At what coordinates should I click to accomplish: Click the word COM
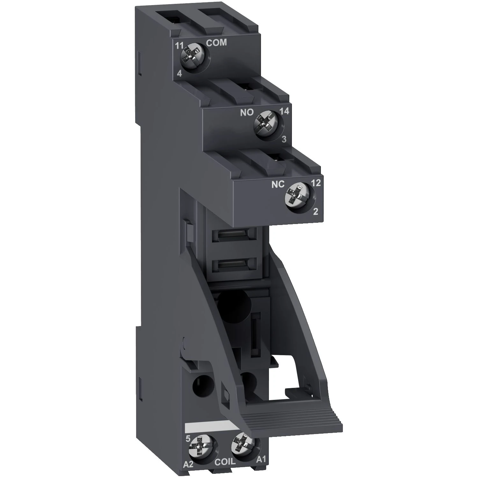[x=216, y=43]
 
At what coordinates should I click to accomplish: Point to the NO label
[x=247, y=112]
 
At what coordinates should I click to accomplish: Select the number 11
[x=179, y=45]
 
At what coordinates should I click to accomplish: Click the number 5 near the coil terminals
[x=188, y=438]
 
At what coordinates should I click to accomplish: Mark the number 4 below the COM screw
[x=179, y=74]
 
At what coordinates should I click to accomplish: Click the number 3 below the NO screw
[x=284, y=139]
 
